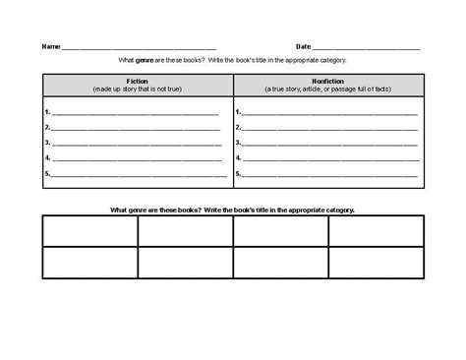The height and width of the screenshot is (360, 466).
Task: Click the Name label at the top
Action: [50, 46]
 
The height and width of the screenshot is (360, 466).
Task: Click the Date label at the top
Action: [303, 46]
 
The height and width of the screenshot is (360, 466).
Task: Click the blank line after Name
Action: [138, 47]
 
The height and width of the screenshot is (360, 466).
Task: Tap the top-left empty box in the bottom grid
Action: [89, 231]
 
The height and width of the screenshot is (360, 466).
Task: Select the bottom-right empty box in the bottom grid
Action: [376, 263]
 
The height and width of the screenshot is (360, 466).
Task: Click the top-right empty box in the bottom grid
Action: [376, 231]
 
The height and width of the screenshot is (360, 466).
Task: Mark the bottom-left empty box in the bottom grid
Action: [89, 263]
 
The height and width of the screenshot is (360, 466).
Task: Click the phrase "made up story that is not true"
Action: [137, 89]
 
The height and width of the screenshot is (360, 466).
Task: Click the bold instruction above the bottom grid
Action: [232, 210]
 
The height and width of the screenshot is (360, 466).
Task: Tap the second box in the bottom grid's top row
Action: [185, 231]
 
